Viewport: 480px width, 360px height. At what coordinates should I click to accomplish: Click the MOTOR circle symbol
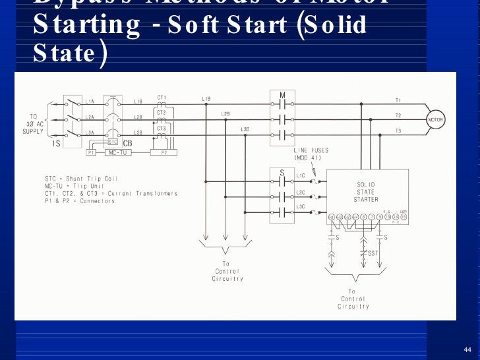pos(436,120)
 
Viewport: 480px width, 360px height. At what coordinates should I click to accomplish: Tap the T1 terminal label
pos(398,100)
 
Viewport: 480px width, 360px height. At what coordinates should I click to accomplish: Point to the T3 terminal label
pos(398,131)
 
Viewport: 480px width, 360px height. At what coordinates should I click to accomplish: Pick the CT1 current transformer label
pos(162,98)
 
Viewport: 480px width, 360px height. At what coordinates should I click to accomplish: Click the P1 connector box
pos(92,152)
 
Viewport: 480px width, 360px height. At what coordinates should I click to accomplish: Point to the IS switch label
pos(57,144)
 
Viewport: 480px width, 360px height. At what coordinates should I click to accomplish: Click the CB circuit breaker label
pos(127,143)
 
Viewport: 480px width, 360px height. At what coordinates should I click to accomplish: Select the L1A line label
pos(90,102)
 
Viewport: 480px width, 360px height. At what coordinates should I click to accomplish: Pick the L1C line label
pos(301,176)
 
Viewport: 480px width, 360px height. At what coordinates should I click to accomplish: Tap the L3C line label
pos(301,207)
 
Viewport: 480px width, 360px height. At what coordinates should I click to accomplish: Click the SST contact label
pos(373,253)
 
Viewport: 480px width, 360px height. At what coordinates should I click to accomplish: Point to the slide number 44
pos(467,349)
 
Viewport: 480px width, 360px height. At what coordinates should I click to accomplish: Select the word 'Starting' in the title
pos(86,25)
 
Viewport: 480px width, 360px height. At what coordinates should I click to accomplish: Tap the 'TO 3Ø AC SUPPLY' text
pos(32,123)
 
